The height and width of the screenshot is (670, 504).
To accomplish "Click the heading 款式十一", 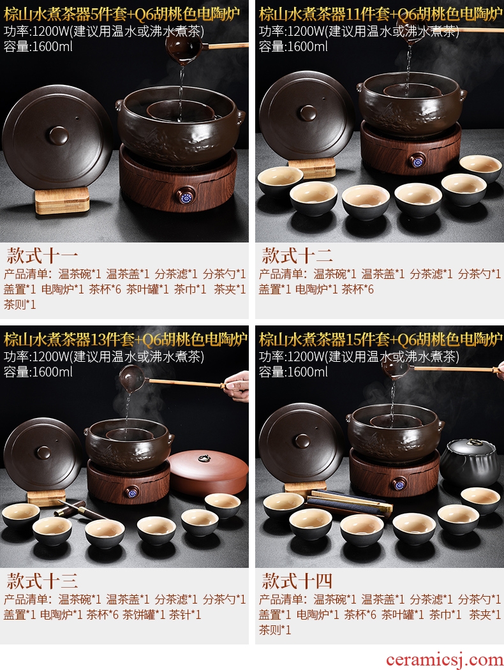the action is point(42,255).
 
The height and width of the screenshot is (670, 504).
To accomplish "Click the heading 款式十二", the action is point(297,255).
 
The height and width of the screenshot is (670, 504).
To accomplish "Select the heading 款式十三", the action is point(42,581).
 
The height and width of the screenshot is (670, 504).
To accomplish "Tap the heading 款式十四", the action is point(297,581).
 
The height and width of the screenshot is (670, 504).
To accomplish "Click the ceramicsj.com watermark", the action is point(444,660).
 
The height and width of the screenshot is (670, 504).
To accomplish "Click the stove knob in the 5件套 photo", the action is point(186,196).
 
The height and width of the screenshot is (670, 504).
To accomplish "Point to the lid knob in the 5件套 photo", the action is point(59,136).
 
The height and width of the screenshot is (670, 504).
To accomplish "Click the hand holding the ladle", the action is point(237,386).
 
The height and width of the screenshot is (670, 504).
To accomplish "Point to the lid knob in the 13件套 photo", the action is point(43,452).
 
